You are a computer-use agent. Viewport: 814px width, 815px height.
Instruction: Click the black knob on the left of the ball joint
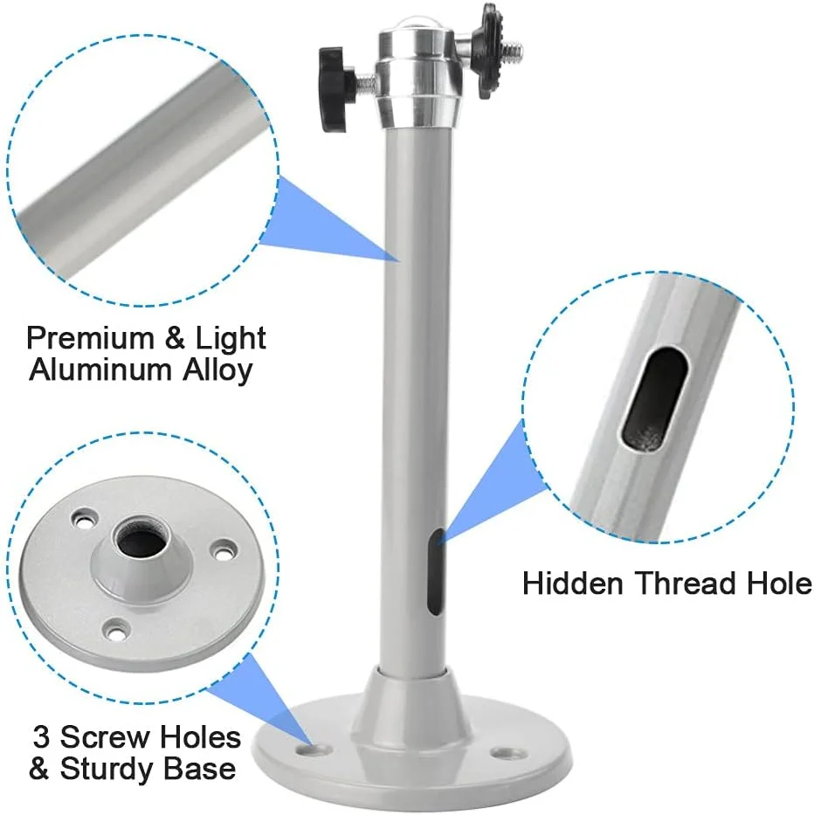pos(338,88)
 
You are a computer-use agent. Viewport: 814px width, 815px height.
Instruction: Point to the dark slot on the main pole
pos(437,572)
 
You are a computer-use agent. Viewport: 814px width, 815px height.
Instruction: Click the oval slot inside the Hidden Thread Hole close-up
pos(654,397)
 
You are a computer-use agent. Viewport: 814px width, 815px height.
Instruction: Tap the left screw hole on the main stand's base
pos(315,749)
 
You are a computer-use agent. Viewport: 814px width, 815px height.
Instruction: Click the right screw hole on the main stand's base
pos(506,752)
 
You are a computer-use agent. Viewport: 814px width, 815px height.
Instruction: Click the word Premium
pos(91,338)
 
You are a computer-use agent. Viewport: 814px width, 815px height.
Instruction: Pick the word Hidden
pos(572,584)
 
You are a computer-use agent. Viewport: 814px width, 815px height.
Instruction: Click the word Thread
pos(686,584)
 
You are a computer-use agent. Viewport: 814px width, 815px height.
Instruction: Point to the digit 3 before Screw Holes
pos(41,737)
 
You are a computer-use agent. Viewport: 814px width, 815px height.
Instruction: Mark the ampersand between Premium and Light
pos(175,338)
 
